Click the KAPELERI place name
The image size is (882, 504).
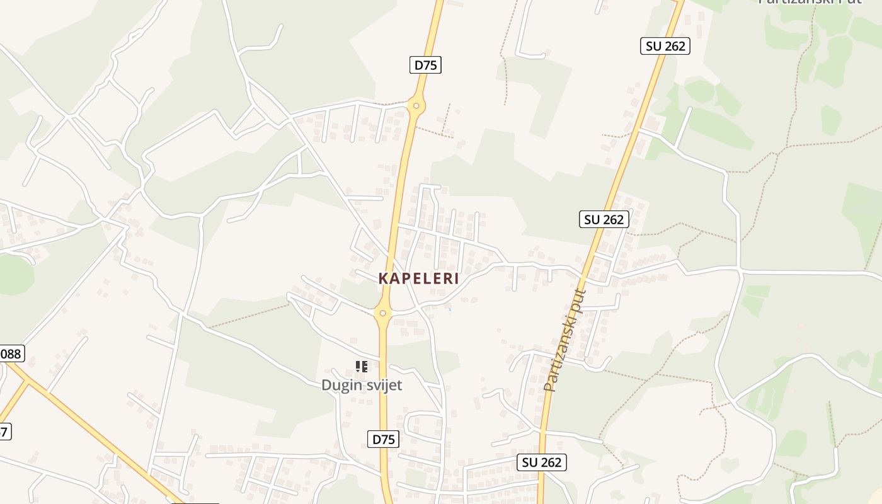[419, 278]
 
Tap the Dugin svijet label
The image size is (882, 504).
[362, 384]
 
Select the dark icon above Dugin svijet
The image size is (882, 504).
[361, 366]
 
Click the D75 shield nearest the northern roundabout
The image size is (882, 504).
[426, 64]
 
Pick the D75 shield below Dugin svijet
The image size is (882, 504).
[383, 439]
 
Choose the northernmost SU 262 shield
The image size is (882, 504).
[665, 46]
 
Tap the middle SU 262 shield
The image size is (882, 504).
[604, 219]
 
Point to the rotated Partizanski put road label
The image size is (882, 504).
[565, 340]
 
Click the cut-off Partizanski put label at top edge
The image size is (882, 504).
[809, 2]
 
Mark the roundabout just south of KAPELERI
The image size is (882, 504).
[382, 312]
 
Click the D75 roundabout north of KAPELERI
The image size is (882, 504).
[415, 105]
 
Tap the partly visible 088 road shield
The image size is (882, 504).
[11, 353]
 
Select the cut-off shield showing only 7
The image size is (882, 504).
[4, 432]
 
